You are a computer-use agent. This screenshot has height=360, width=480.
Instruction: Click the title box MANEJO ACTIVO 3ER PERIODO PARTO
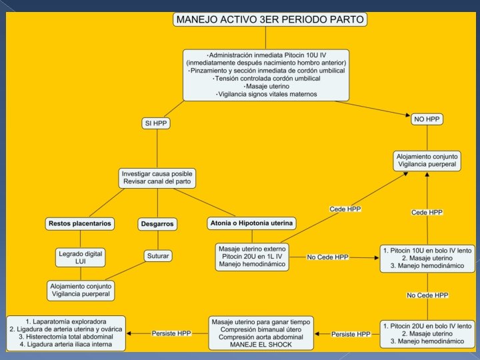point(270,20)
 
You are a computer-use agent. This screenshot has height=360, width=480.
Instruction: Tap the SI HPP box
point(156,123)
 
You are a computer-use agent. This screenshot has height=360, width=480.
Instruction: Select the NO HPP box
point(427,119)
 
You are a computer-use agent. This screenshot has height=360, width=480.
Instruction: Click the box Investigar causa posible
point(158,178)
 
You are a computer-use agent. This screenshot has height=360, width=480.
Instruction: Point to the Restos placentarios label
point(79,223)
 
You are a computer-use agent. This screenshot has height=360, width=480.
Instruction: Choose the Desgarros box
point(158,224)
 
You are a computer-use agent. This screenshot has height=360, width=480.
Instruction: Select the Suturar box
point(158,255)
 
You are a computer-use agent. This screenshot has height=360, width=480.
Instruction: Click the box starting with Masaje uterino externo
point(253,257)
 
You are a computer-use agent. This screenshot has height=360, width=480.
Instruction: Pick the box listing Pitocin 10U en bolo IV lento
point(427,257)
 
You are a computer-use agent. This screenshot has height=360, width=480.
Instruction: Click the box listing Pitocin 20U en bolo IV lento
point(427,333)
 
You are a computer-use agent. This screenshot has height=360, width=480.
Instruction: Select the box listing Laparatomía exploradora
point(66,333)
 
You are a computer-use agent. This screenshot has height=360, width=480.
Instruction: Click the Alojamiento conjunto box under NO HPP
point(427,159)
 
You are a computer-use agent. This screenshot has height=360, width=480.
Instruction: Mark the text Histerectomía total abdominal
point(66,337)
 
